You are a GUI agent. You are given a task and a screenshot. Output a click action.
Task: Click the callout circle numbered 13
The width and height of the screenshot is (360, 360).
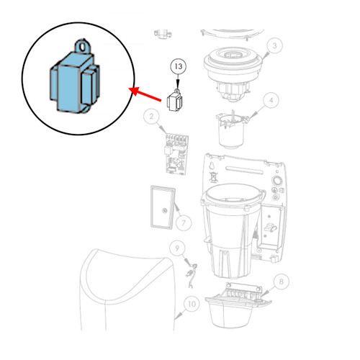click(x=178, y=66)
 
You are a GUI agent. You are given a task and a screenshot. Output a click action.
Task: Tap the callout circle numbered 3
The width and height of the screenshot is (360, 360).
click(x=274, y=45)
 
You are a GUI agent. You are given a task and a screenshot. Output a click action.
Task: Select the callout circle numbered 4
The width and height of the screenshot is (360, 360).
click(x=271, y=100)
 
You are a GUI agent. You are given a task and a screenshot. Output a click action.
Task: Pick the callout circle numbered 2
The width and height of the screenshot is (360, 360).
click(x=151, y=117)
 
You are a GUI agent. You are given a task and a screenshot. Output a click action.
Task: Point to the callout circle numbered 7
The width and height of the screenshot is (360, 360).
click(x=184, y=223)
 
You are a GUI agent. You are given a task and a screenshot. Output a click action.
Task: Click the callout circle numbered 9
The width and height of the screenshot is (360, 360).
click(x=177, y=248)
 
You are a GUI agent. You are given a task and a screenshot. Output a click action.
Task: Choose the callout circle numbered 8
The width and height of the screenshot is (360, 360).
click(x=281, y=282)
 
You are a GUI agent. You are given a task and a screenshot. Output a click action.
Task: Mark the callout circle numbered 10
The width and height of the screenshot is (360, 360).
click(x=192, y=304)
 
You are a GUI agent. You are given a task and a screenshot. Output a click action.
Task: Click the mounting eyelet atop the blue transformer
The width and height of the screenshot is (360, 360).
click(x=83, y=47)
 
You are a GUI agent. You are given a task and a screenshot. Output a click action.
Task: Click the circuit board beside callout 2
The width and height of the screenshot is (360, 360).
click(x=176, y=154)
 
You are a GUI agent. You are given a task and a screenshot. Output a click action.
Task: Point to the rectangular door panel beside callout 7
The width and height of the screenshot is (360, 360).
click(x=163, y=207)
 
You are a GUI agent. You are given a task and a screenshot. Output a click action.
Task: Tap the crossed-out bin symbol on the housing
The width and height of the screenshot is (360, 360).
click(x=213, y=176)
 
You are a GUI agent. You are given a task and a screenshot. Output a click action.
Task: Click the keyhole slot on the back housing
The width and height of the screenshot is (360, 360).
click(x=212, y=166)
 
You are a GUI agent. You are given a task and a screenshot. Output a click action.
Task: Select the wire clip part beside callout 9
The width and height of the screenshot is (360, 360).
click(x=192, y=275)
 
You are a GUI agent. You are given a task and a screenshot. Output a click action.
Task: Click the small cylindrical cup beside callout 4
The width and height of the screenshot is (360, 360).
click(x=231, y=130)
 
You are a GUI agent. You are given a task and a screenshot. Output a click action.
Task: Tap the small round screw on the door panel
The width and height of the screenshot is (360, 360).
click(x=164, y=210)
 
